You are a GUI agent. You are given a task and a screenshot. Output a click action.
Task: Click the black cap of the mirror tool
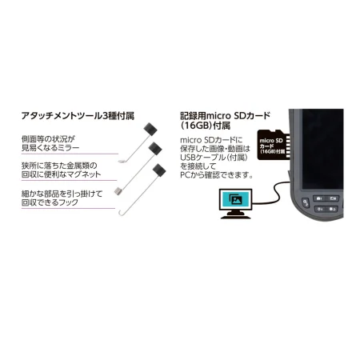click(150, 129)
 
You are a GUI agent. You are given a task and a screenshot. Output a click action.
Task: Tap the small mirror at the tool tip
click(122, 162)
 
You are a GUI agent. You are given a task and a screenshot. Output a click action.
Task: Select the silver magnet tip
click(118, 191)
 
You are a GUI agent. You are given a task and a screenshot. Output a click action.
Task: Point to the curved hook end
click(122, 213)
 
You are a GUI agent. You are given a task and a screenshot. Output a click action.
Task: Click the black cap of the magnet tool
click(155, 149)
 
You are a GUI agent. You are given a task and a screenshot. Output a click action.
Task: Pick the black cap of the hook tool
click(159, 170)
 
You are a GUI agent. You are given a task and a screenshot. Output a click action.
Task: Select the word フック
click(69, 202)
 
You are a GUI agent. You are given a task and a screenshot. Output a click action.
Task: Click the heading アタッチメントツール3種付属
click(78, 116)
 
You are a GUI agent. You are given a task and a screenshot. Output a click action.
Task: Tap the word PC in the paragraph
click(186, 175)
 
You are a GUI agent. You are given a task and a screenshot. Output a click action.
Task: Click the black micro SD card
click(273, 145)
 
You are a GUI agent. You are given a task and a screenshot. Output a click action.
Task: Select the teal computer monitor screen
click(235, 200)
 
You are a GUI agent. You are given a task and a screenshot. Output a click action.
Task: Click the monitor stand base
click(236, 217)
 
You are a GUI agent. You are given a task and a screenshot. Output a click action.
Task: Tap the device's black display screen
click(322, 149)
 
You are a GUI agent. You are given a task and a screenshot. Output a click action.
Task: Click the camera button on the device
click(319, 198)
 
